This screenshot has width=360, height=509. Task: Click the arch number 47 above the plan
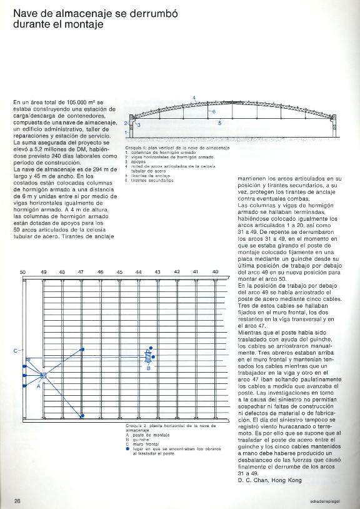click(x=81, y=273)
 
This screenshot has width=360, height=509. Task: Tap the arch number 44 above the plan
click(x=138, y=273)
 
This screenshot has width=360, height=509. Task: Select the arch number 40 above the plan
click(x=216, y=272)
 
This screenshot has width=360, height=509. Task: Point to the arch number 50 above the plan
click(x=22, y=273)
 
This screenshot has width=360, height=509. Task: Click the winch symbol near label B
click(x=147, y=356)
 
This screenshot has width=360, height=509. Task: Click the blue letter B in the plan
click(x=148, y=369)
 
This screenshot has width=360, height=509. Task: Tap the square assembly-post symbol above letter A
click(x=42, y=375)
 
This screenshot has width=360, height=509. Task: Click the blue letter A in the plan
click(x=39, y=386)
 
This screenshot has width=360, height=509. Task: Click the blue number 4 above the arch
click(x=194, y=98)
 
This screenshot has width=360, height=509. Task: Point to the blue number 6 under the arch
click(x=213, y=111)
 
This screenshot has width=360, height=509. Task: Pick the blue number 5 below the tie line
click(x=219, y=124)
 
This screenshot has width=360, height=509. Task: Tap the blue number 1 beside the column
click(x=126, y=133)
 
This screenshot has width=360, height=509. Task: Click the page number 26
click(x=18, y=500)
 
